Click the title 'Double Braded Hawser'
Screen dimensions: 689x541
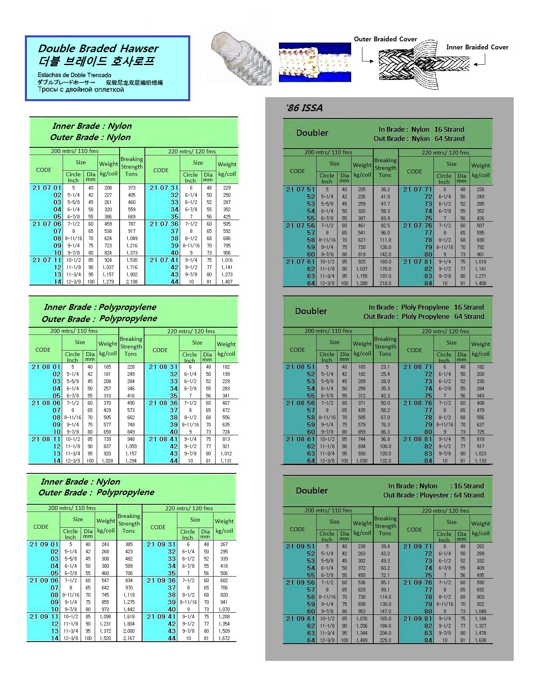coord(98,49)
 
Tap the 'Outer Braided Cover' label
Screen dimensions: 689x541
coord(385,39)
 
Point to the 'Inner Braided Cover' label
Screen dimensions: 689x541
coord(477,47)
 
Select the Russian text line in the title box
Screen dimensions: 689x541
coord(81,90)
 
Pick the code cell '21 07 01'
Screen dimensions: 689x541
coord(47,188)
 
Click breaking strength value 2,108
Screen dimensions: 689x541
coord(132,282)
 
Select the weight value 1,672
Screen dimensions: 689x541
coord(224,638)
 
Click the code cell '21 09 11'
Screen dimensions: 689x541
coord(44,616)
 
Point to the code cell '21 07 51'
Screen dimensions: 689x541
coord(300,189)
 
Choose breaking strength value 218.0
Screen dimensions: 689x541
coord(385,283)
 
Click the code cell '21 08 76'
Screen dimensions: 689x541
coord(417,403)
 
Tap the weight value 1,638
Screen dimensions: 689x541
coord(480,640)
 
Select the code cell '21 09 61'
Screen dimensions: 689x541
coord(300,618)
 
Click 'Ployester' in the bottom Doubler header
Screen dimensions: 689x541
coord(433,495)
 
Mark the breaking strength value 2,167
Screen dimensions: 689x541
coord(129,638)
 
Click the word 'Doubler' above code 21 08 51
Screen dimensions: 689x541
coord(311,311)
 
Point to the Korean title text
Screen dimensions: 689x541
coord(96,61)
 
